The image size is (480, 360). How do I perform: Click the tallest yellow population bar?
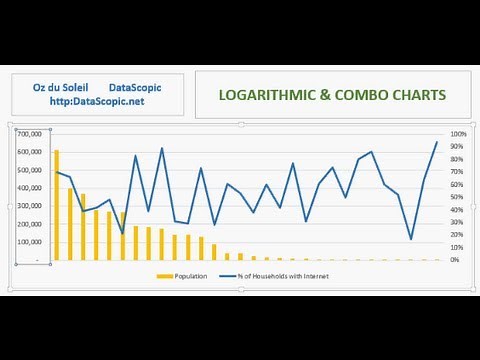(56, 205)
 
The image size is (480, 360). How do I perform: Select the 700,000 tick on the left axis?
(29, 133)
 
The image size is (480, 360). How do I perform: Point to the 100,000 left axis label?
(29, 241)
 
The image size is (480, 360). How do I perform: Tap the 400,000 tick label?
(29, 187)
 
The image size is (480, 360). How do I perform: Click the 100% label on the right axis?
(458, 134)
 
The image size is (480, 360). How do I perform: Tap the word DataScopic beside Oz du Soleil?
(135, 88)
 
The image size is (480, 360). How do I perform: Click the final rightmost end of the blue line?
(436, 142)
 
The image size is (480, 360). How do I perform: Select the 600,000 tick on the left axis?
(29, 151)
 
